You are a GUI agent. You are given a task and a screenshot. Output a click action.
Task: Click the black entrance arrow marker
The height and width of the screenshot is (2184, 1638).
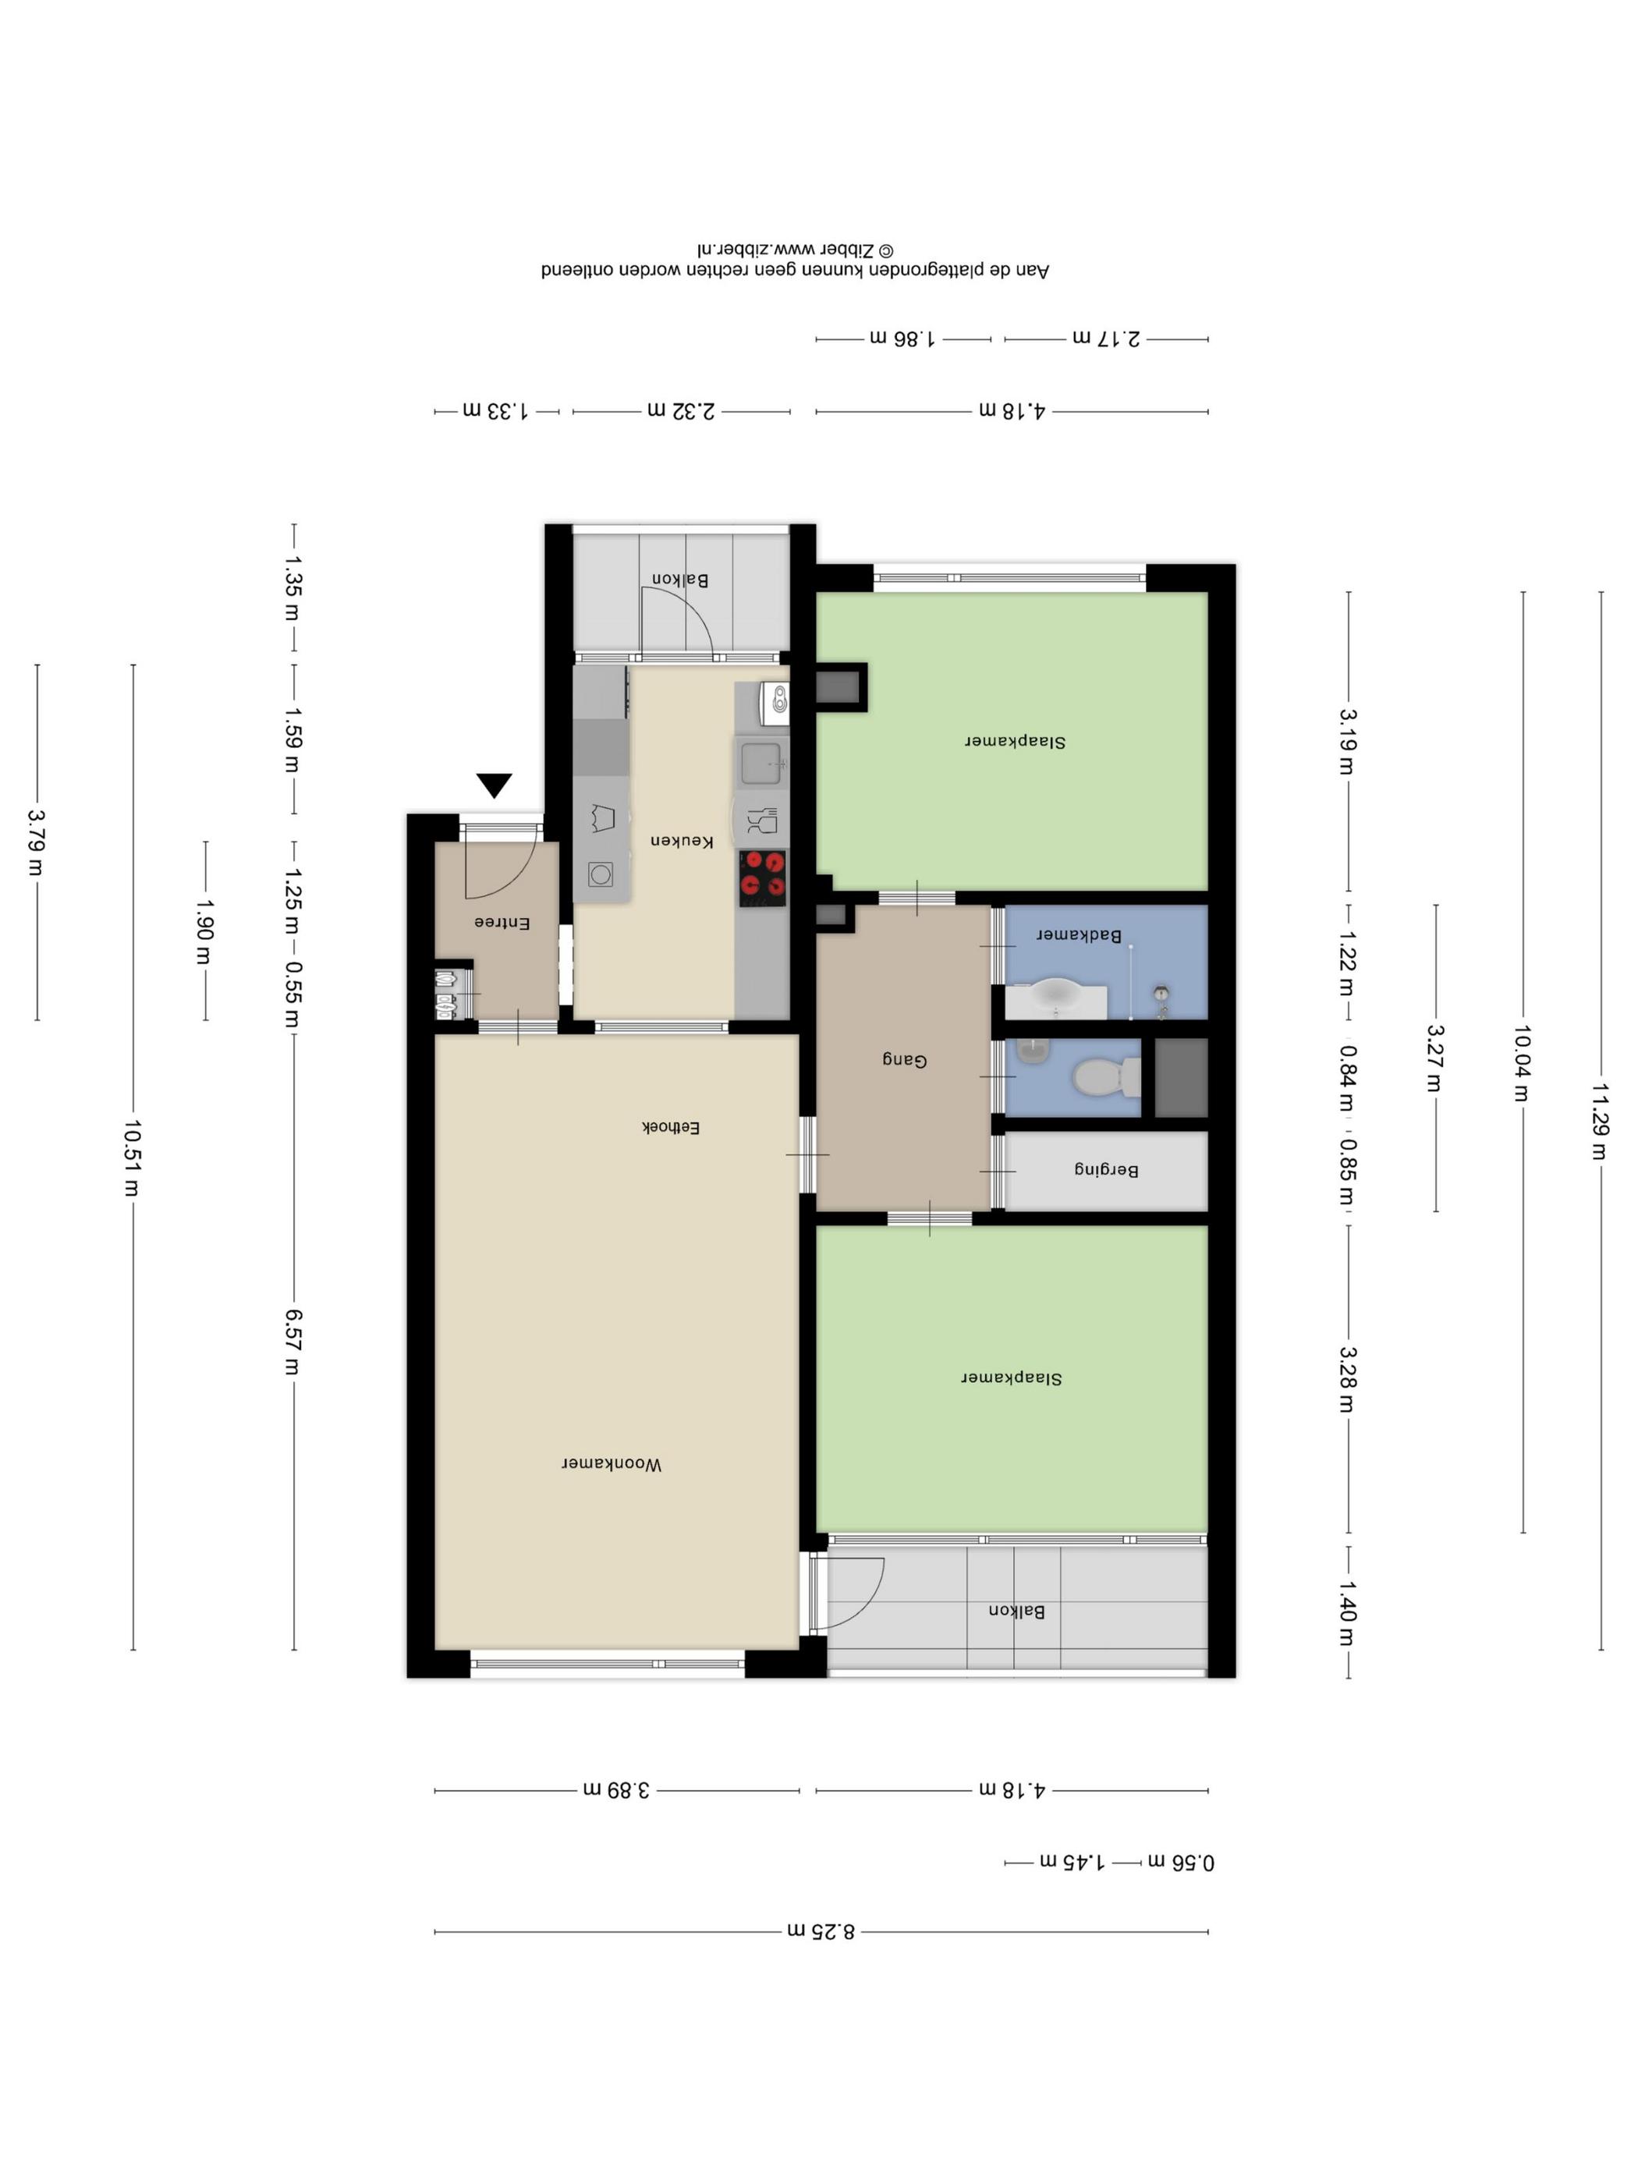[x=494, y=785]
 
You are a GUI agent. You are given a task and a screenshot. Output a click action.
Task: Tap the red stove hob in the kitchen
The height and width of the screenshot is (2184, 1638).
[x=762, y=877]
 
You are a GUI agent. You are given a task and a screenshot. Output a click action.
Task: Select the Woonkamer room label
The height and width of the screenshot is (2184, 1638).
[x=612, y=1463]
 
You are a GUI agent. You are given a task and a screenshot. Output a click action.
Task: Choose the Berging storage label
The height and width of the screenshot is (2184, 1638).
[x=1106, y=1169]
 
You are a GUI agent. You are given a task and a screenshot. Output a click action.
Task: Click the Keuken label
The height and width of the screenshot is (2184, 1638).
[x=681, y=840]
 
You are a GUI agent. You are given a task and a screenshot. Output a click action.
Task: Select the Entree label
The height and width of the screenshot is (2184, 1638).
[x=502, y=922]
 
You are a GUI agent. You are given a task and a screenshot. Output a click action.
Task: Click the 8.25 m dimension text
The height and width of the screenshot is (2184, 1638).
[x=821, y=1930]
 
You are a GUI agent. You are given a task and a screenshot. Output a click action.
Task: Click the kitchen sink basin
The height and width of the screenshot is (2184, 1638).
[x=761, y=763]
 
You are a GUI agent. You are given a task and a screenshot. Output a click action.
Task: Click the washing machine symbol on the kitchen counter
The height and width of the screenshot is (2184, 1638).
[x=601, y=874]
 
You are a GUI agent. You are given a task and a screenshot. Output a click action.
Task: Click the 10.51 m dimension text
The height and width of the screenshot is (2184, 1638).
[x=133, y=1158]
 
